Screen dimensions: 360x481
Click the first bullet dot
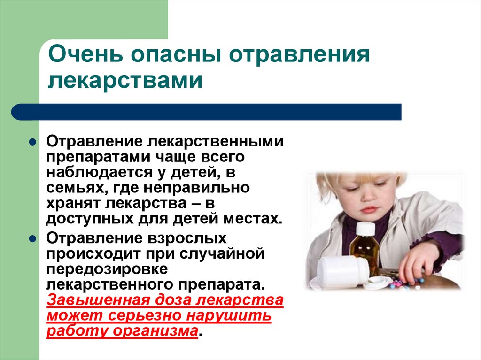(x=33, y=141)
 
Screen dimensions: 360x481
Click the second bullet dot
(x=33, y=238)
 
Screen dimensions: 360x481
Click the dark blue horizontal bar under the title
(x=207, y=112)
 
